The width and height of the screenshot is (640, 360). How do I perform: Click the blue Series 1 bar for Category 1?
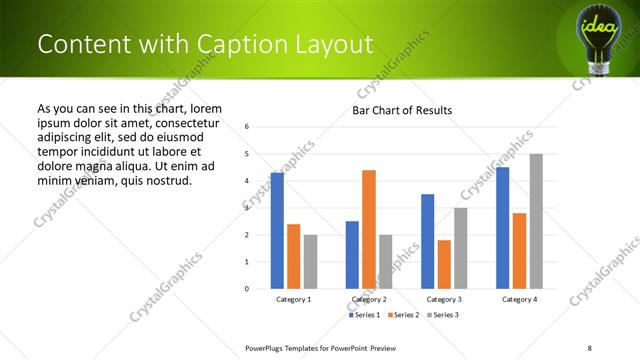(x=277, y=231)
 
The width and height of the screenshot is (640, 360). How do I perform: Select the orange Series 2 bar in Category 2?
(x=369, y=229)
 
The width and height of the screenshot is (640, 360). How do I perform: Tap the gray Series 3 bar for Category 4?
(x=536, y=221)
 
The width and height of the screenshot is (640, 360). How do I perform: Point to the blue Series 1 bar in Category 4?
(x=502, y=228)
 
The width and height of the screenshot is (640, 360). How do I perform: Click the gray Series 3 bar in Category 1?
(x=310, y=262)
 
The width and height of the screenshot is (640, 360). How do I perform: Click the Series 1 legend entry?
(x=364, y=315)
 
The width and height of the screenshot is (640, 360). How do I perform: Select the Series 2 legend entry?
(x=402, y=315)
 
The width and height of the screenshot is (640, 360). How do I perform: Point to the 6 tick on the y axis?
(x=247, y=127)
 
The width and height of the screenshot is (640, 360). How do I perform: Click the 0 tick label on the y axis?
(x=247, y=289)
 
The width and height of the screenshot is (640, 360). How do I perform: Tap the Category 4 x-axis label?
(x=519, y=299)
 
